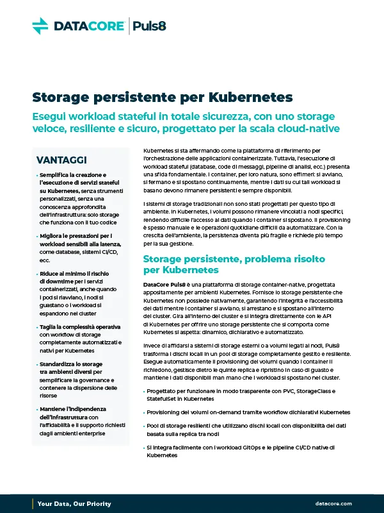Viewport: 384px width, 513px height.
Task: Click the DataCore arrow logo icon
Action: tap(40, 26)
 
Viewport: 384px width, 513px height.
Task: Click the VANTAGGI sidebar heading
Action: tap(62, 159)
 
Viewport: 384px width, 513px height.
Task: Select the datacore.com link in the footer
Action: tap(333, 503)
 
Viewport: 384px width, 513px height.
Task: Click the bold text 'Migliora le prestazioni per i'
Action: tap(75, 236)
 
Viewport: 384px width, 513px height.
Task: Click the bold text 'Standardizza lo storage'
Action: tap(70, 364)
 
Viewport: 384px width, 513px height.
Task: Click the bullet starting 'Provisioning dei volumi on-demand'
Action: tap(248, 412)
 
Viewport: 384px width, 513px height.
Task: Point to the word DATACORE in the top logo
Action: tap(89, 26)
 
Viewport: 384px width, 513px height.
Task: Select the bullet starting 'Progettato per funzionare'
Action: tap(250, 391)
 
